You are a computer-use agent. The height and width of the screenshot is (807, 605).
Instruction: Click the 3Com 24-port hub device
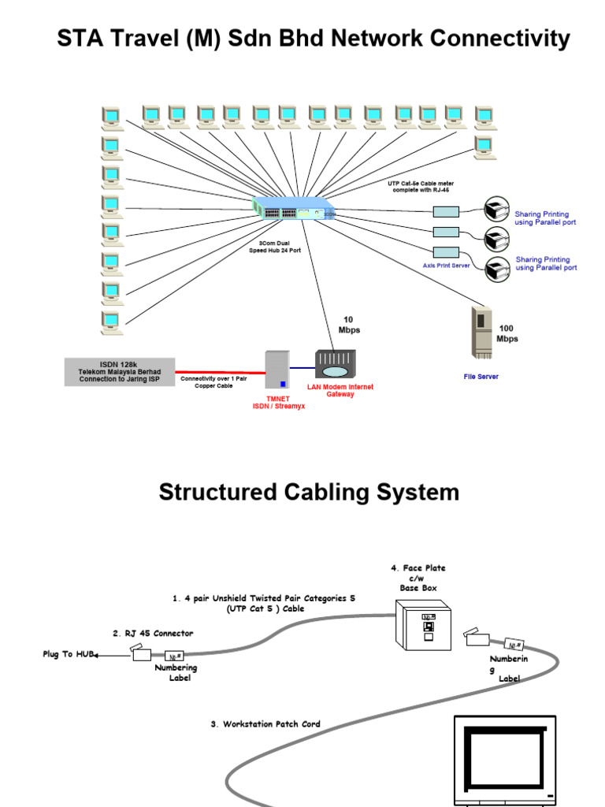[294, 210]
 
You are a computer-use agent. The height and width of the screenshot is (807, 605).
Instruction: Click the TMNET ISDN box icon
[277, 370]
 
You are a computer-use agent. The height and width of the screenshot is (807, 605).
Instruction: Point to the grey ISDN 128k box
[119, 371]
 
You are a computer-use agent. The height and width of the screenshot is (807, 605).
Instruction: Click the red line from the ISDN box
[220, 371]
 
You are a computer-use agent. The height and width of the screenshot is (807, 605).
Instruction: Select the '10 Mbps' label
[349, 325]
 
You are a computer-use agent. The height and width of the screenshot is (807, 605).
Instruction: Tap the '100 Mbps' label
[507, 333]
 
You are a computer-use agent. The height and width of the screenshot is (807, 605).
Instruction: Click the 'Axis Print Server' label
[446, 266]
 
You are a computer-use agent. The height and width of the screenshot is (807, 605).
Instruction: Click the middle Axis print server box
[446, 232]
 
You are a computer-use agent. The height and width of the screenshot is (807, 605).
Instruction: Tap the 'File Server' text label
[481, 377]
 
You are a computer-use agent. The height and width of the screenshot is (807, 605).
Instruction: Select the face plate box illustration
[424, 626]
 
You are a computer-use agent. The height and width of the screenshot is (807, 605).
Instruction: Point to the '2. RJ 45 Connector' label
[152, 633]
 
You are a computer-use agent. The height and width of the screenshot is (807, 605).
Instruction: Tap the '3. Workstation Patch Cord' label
[265, 723]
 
